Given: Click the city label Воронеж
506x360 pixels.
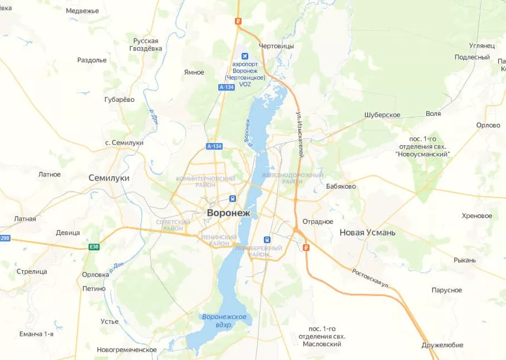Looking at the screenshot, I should pos(229,213).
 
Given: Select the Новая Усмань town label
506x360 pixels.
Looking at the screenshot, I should pos(367,233).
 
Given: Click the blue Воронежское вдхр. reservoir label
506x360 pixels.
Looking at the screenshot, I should pos(224,320).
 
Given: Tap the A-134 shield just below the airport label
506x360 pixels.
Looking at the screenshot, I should pos(227,87).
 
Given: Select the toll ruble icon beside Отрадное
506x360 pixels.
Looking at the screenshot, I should pos(306,247).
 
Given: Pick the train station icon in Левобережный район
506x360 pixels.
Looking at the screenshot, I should pos(267,239).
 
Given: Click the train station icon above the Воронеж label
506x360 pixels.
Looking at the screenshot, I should pos(232,199).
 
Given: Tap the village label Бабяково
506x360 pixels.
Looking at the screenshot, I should pos(341,186).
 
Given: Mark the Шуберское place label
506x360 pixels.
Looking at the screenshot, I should pos(382,115).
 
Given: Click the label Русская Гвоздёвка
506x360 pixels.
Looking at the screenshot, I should pos(146,45).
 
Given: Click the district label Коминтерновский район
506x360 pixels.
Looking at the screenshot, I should pos(205,182).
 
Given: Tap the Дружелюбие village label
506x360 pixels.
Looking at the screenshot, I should pos(442,345).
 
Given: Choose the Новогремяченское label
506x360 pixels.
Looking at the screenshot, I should pos(126,349).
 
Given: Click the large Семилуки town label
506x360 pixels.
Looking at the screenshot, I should pos(109,178).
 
